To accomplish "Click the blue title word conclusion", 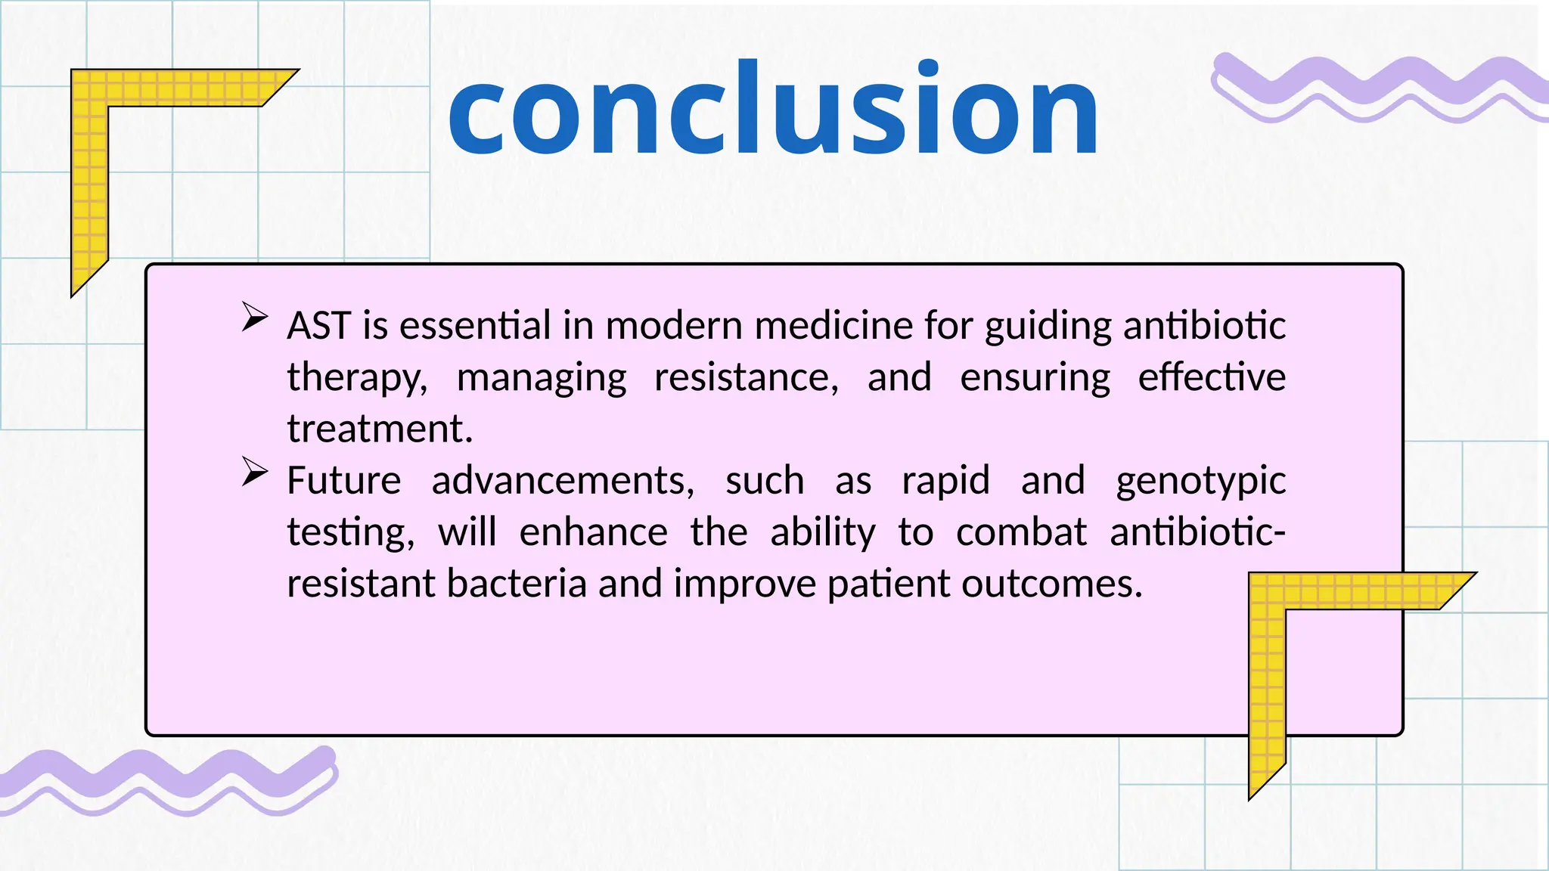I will [x=773, y=110].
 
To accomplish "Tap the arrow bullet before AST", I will [x=255, y=317].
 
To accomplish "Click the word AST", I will [x=318, y=326].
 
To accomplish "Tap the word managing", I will [x=542, y=378].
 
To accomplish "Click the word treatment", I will [x=378, y=429].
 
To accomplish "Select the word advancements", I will [x=562, y=481].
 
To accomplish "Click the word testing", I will [x=349, y=533].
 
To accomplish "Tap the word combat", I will [x=1021, y=532].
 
